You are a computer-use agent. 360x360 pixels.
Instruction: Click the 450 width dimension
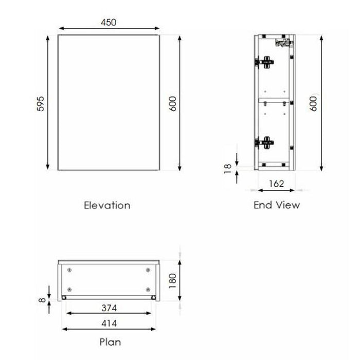[109, 22]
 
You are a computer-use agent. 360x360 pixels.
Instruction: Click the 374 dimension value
[109, 308]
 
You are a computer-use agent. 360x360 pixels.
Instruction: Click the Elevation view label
[107, 205]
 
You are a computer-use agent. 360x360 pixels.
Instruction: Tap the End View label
[276, 205]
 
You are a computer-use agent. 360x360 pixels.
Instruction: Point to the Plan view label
[111, 341]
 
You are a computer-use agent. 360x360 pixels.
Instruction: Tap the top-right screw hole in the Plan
[148, 270]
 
